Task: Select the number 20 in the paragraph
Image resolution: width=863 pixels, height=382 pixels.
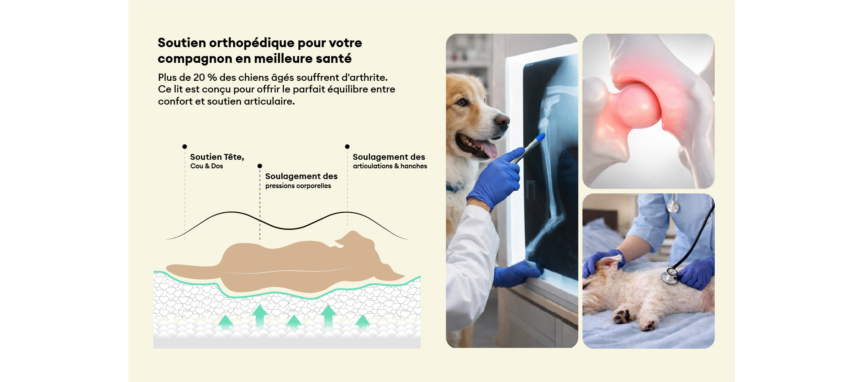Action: (x=199, y=77)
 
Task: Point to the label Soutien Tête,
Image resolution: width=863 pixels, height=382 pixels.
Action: (x=217, y=157)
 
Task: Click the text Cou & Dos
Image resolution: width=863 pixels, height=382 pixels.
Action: (x=207, y=166)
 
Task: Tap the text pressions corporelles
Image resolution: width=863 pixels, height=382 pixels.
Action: (x=298, y=186)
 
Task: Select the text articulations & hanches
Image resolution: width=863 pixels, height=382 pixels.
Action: (x=390, y=166)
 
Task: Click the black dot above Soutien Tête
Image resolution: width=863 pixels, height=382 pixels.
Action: (x=185, y=147)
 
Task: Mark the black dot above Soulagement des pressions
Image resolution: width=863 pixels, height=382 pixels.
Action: (x=260, y=166)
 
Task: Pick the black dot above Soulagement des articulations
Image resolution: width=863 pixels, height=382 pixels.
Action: (x=347, y=147)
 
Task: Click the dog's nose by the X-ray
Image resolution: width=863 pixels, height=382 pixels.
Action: (x=502, y=120)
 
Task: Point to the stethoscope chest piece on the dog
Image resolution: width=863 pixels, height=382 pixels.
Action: (x=669, y=276)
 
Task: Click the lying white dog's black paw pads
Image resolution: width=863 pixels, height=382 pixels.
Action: (x=623, y=316)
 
